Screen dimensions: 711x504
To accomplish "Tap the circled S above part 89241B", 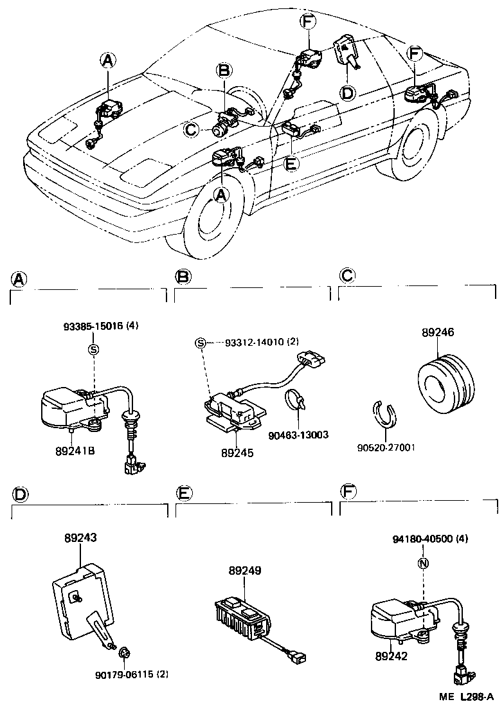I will point(93,349).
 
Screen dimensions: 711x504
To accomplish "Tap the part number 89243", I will point(80,537).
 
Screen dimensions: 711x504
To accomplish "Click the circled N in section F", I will point(422,564).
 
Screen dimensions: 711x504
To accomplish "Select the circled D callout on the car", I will point(346,94).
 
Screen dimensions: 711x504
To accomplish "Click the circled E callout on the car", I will point(291,163).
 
